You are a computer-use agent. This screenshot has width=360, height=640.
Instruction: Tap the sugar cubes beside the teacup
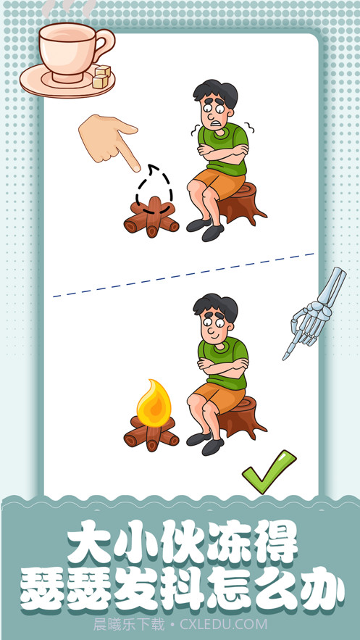[x=101, y=77]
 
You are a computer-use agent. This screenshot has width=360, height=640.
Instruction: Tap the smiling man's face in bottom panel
[x=215, y=327]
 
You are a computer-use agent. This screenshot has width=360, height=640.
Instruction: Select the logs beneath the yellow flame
[x=151, y=436]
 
